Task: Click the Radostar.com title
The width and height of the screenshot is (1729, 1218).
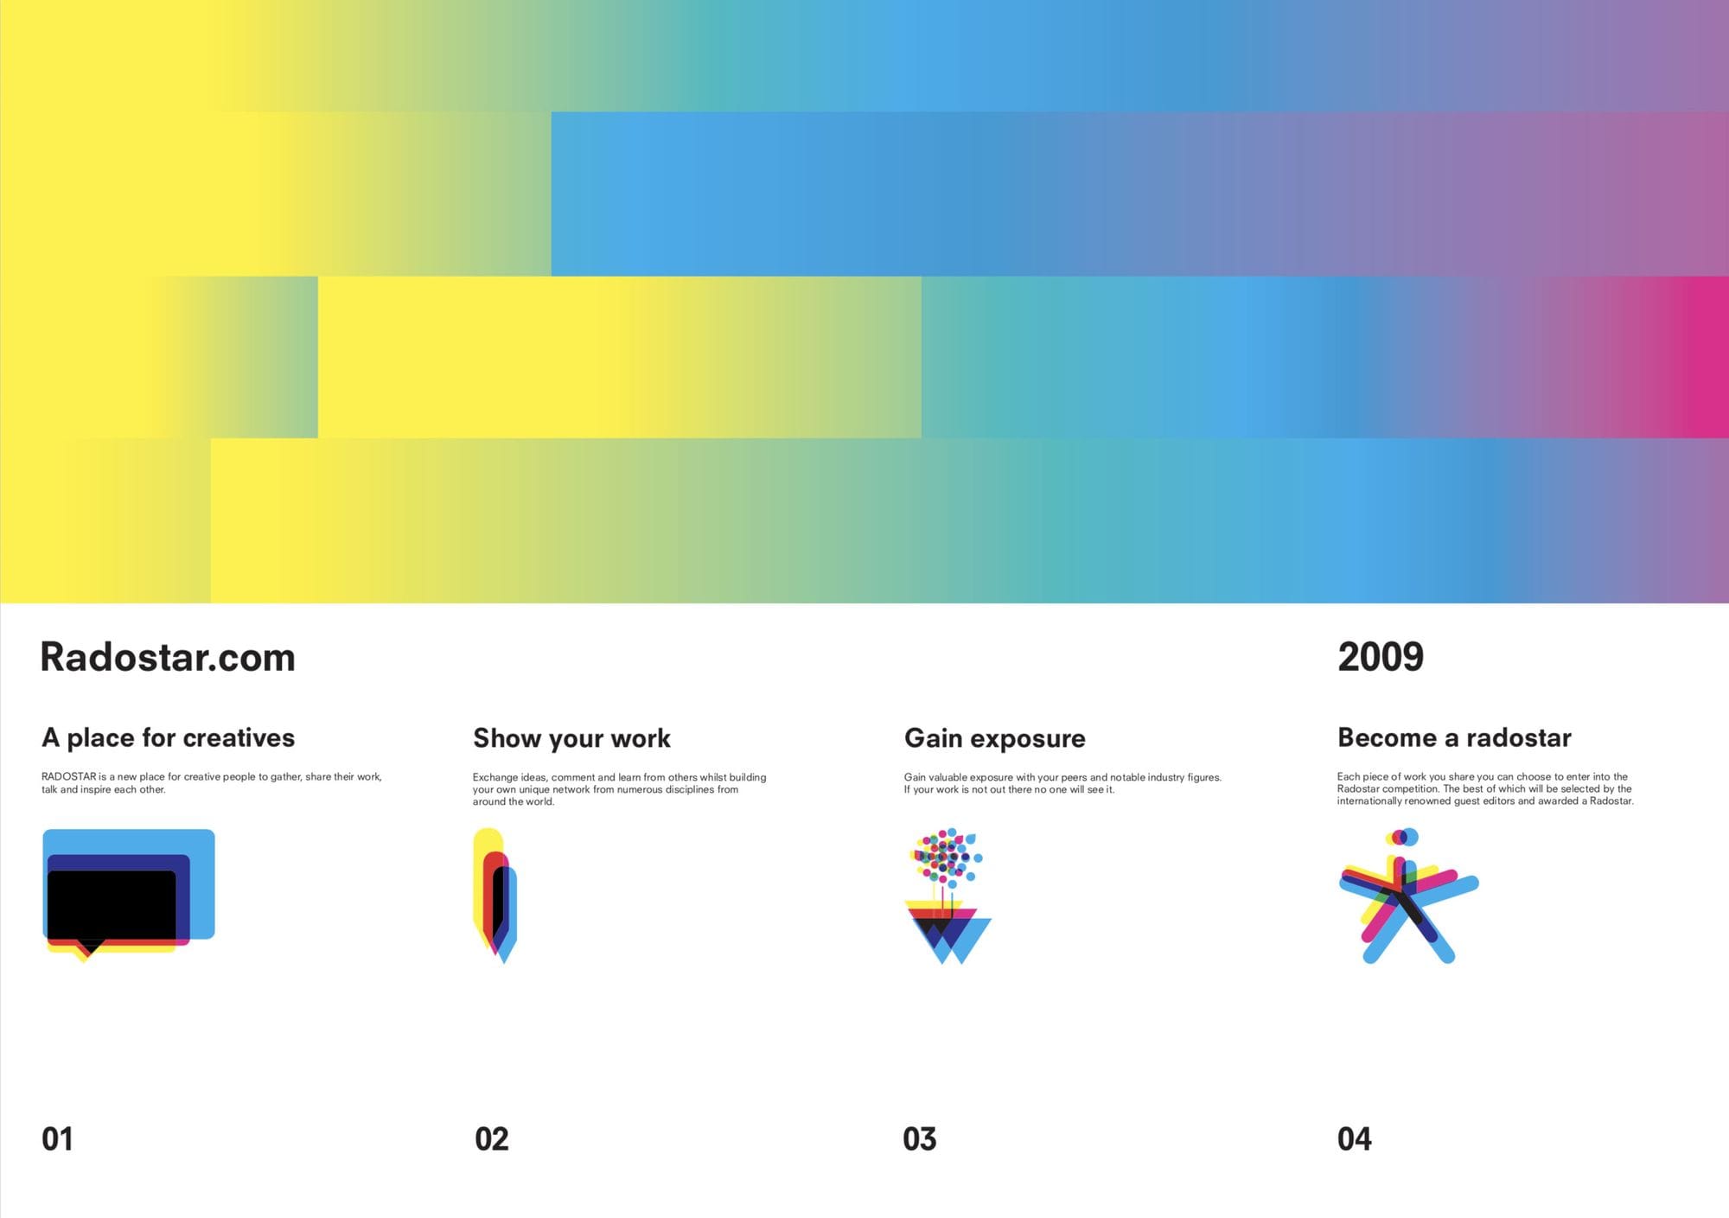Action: [168, 657]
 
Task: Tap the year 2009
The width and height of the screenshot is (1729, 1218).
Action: [1381, 657]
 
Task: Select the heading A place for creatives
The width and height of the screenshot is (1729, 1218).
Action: [169, 737]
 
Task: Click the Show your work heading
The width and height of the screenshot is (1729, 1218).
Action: [571, 738]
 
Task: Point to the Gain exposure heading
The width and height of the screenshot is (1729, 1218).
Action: [995, 738]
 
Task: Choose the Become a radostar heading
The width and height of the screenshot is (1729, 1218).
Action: [1454, 737]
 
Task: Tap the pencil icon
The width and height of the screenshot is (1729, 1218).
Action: [494, 896]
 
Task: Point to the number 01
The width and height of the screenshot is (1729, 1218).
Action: [57, 1139]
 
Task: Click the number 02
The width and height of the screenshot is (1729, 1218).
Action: [492, 1139]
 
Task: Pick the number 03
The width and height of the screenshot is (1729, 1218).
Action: [920, 1139]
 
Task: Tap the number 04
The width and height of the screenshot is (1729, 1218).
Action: [1355, 1139]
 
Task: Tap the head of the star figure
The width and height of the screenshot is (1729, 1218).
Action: [1402, 837]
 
